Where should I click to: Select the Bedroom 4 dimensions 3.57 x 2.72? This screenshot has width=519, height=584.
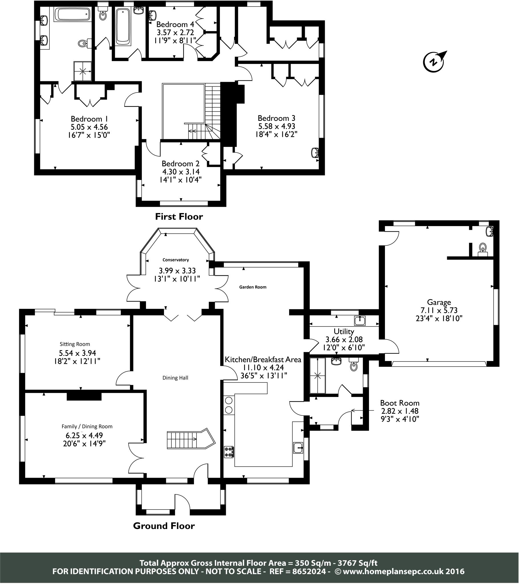(175, 32)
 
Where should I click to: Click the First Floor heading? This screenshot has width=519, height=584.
(179, 216)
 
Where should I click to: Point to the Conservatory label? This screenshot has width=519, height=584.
(175, 260)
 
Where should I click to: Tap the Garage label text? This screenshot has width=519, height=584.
(439, 302)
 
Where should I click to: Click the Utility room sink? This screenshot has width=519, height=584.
(360, 321)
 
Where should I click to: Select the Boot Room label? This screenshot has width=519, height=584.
(400, 403)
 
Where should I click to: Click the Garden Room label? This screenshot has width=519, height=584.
(253, 287)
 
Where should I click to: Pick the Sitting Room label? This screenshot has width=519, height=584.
(75, 344)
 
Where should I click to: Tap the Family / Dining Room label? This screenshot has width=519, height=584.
(87, 427)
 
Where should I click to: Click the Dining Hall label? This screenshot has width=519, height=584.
(175, 378)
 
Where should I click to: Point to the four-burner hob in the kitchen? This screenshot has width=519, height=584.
(229, 452)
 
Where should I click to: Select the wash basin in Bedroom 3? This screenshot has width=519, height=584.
(315, 153)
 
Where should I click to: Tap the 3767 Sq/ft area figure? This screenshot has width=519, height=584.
(358, 563)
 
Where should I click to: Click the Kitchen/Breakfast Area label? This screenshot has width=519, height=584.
(263, 359)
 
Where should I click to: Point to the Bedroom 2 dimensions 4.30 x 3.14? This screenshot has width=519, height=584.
(181, 172)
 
